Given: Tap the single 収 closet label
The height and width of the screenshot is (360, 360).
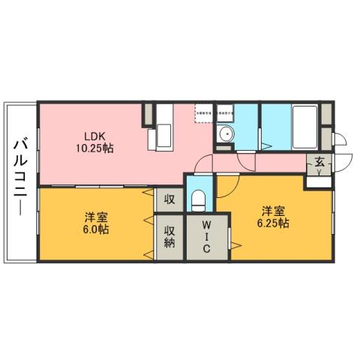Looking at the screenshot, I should pyautogui.click(x=169, y=199).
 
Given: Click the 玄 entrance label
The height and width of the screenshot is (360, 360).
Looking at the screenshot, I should pyautogui.click(x=319, y=161).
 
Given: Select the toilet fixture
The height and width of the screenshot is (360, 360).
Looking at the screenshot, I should pyautogui.click(x=199, y=199).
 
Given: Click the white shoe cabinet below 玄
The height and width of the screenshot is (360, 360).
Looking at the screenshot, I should pyautogui.click(x=318, y=181).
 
